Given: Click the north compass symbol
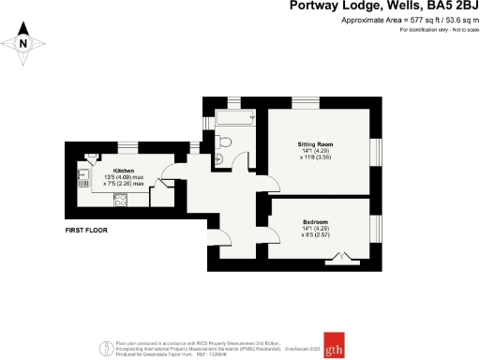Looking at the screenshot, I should [x=25, y=42].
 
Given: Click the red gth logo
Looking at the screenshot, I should [x=335, y=341].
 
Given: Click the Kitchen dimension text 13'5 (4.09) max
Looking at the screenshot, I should [x=124, y=177].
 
